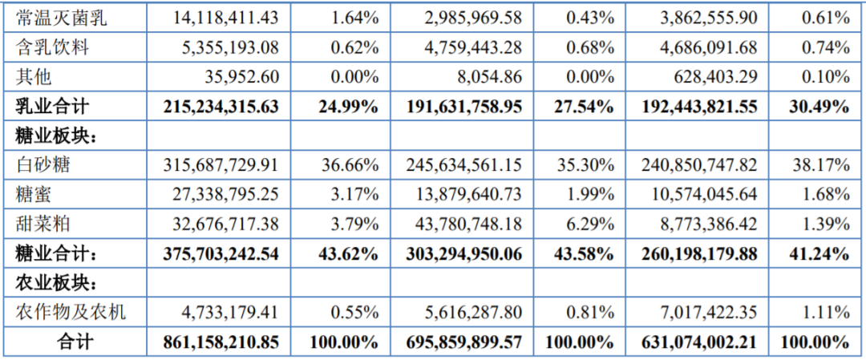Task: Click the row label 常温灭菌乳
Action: [61, 18]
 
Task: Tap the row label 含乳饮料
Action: [52, 48]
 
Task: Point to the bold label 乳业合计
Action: [52, 107]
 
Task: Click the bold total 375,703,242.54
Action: [221, 254]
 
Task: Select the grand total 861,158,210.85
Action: [221, 343]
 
